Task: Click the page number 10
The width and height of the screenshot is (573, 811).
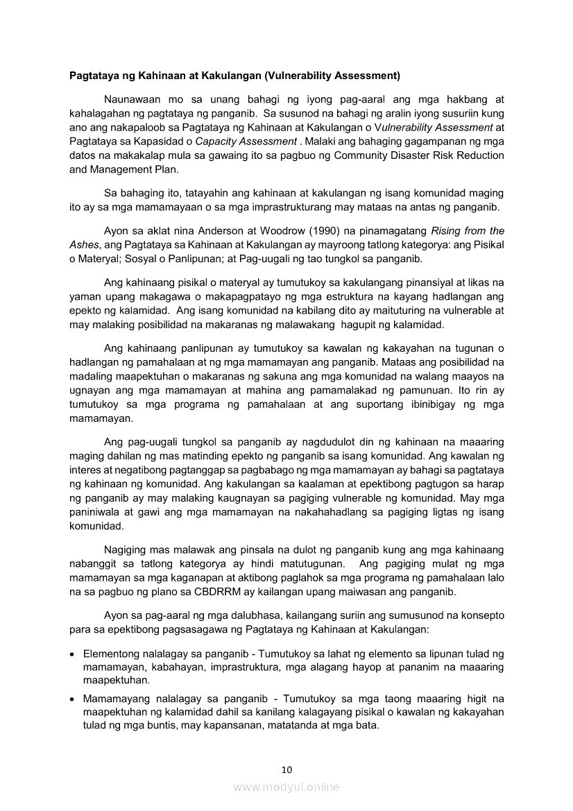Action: coord(286,769)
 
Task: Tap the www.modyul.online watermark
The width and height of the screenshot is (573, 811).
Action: coord(286,787)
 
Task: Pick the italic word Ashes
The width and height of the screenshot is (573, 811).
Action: coord(84,245)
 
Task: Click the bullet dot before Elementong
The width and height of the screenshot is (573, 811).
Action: coord(74,654)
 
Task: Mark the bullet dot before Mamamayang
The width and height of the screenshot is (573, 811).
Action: coord(74,699)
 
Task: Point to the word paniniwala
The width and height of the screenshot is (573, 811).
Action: coord(98,512)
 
